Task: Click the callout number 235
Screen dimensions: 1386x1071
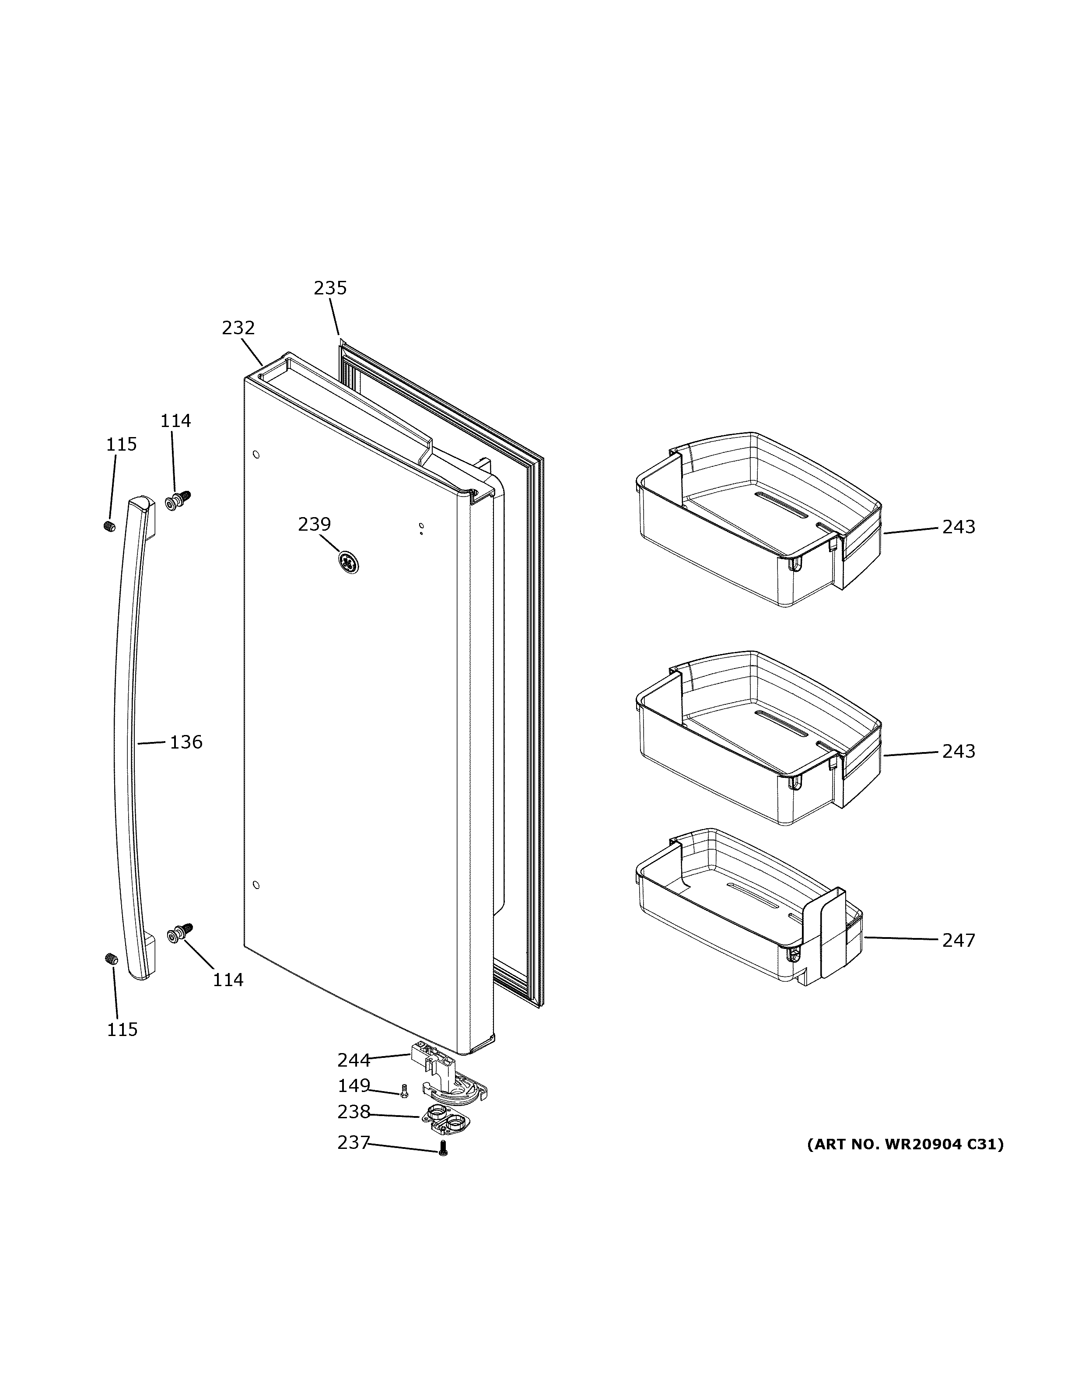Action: tap(330, 289)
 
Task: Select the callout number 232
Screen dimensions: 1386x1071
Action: tap(238, 328)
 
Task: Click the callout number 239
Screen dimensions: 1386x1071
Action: tap(315, 524)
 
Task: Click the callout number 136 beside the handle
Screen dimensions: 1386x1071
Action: tap(186, 742)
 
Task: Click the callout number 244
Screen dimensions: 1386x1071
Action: tap(353, 1060)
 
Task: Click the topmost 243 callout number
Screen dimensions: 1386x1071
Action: tap(958, 527)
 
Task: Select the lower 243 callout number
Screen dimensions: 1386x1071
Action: tap(958, 751)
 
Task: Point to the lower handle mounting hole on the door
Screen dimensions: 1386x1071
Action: tap(255, 885)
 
